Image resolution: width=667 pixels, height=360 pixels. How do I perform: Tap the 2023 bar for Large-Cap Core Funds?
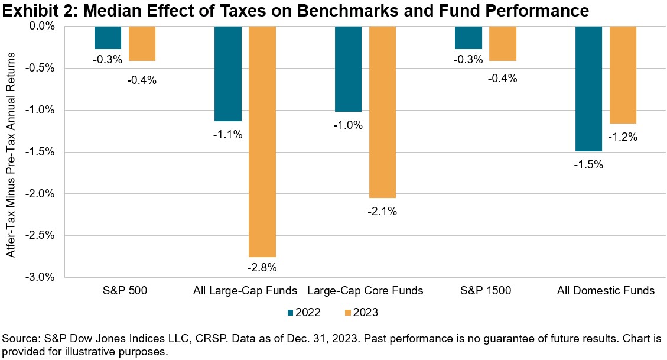[x=383, y=112]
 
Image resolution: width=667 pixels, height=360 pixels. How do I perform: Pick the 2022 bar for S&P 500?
[x=108, y=37]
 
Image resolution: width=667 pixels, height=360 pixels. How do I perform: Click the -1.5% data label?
[x=589, y=165]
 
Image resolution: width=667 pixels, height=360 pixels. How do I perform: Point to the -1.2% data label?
[x=624, y=137]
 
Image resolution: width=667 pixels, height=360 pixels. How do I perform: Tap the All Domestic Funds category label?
[x=606, y=291]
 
